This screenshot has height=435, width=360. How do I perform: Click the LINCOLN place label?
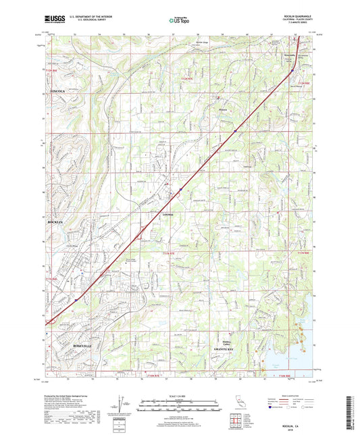tap(57, 90)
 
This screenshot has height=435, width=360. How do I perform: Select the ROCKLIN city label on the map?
tap(55, 222)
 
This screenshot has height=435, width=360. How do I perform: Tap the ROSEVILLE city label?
tap(63, 344)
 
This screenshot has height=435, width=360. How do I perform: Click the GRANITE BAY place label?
tap(224, 349)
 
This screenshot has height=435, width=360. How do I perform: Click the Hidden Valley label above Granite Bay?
tap(224, 341)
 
